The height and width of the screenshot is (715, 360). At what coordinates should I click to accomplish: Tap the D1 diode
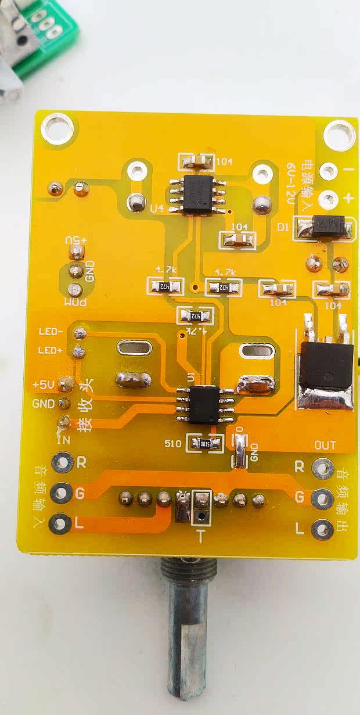323,227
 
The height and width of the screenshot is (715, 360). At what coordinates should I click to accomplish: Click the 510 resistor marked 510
204,444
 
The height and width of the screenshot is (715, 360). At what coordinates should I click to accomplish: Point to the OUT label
325,445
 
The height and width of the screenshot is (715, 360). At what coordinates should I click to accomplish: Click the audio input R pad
60,463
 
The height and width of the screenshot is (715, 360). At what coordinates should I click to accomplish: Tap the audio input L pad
60,524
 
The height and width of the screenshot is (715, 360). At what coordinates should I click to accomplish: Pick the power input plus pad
328,199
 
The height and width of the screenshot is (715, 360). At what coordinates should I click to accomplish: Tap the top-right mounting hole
339,134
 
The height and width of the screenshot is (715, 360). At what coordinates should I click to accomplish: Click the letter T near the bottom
200,537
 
